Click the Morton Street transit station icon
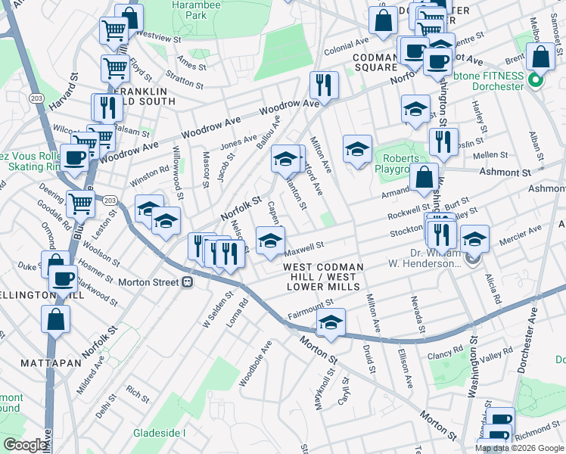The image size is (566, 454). [x=186, y=282]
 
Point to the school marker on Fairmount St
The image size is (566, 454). [x=331, y=321]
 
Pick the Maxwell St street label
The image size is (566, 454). [x=305, y=245]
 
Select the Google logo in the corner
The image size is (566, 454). [x=25, y=445]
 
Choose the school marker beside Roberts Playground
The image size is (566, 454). [x=357, y=148]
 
